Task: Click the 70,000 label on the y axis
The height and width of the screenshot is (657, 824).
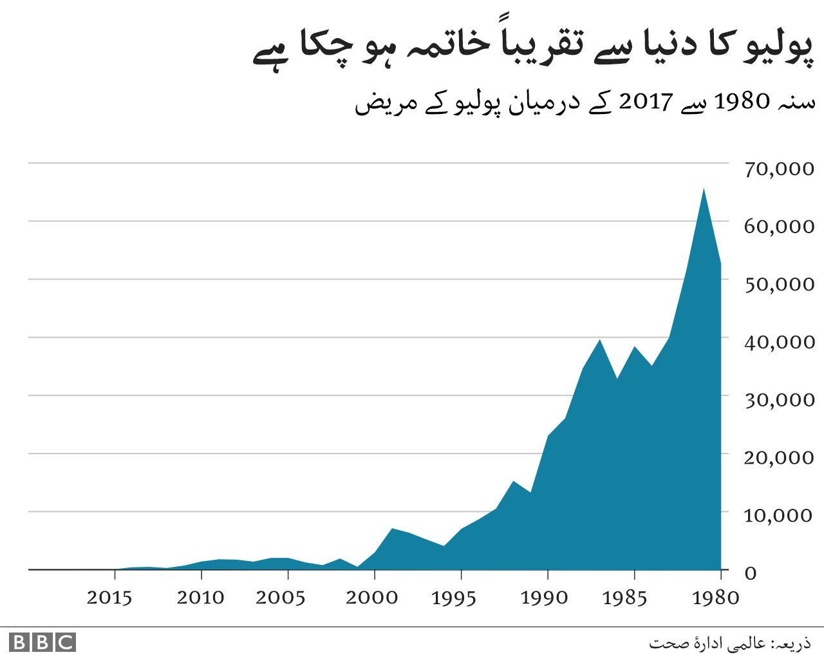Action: (779, 169)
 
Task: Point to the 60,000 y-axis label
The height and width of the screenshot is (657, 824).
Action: (779, 227)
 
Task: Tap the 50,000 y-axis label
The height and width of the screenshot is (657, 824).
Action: (779, 284)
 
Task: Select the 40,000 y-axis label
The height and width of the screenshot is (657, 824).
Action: (779, 342)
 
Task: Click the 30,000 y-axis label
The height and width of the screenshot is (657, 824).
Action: (779, 400)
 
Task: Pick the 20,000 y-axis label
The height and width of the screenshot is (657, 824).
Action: (779, 457)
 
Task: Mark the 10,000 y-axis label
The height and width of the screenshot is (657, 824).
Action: (779, 515)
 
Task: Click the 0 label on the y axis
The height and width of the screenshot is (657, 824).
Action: (750, 573)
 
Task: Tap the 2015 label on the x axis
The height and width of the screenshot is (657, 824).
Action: (109, 598)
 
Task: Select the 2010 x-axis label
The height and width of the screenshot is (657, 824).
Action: (200, 598)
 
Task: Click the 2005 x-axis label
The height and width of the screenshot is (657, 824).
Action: (280, 598)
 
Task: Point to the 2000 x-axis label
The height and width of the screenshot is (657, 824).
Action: (371, 598)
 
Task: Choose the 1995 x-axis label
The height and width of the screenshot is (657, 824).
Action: (454, 598)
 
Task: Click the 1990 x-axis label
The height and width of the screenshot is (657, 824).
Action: (544, 598)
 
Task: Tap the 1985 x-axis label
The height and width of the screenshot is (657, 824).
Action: (624, 598)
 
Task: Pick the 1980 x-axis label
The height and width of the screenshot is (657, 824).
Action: (715, 598)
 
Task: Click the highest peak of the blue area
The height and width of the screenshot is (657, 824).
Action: (704, 189)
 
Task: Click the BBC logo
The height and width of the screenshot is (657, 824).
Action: (42, 642)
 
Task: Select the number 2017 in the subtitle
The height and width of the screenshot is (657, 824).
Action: (646, 102)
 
